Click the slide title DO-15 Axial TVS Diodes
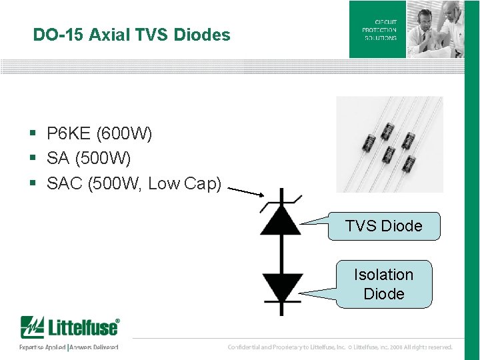point(131,35)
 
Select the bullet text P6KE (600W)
point(99,134)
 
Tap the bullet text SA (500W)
point(89,159)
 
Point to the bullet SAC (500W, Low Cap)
point(133,183)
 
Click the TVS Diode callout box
point(384,226)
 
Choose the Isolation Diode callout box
point(384,284)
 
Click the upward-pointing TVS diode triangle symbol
point(281,220)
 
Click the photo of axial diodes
point(389,144)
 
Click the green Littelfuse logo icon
point(31,327)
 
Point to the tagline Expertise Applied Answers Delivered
point(69,347)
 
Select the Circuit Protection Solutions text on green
point(379,30)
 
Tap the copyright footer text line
point(340,347)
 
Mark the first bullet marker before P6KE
point(32,135)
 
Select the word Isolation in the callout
point(383,275)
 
